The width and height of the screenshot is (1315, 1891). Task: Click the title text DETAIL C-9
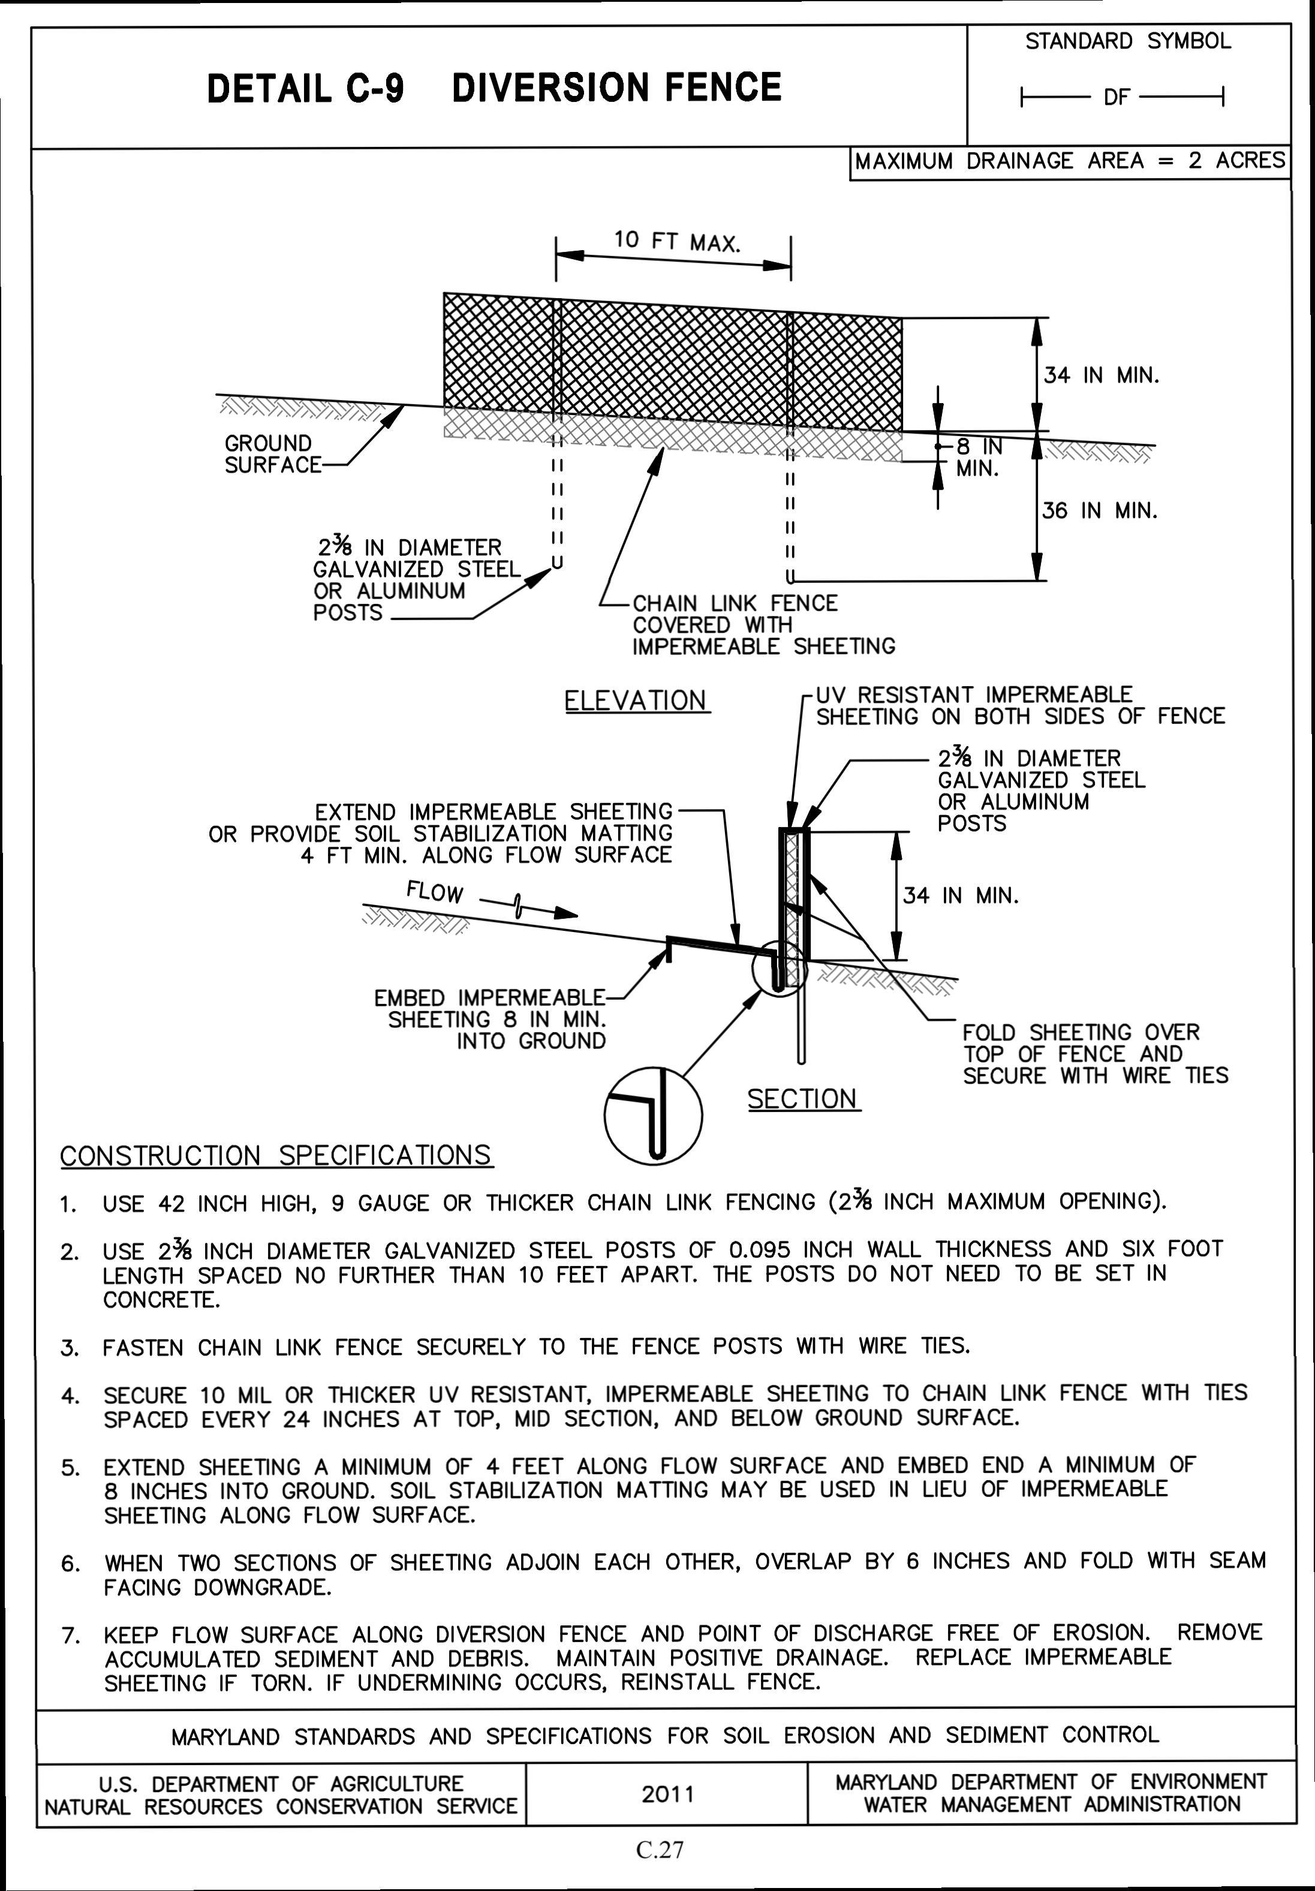pos(305,88)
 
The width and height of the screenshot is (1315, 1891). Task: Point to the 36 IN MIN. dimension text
pos(1099,510)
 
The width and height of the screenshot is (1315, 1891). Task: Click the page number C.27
pos(660,1850)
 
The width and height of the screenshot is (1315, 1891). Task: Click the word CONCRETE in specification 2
pos(161,1300)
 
